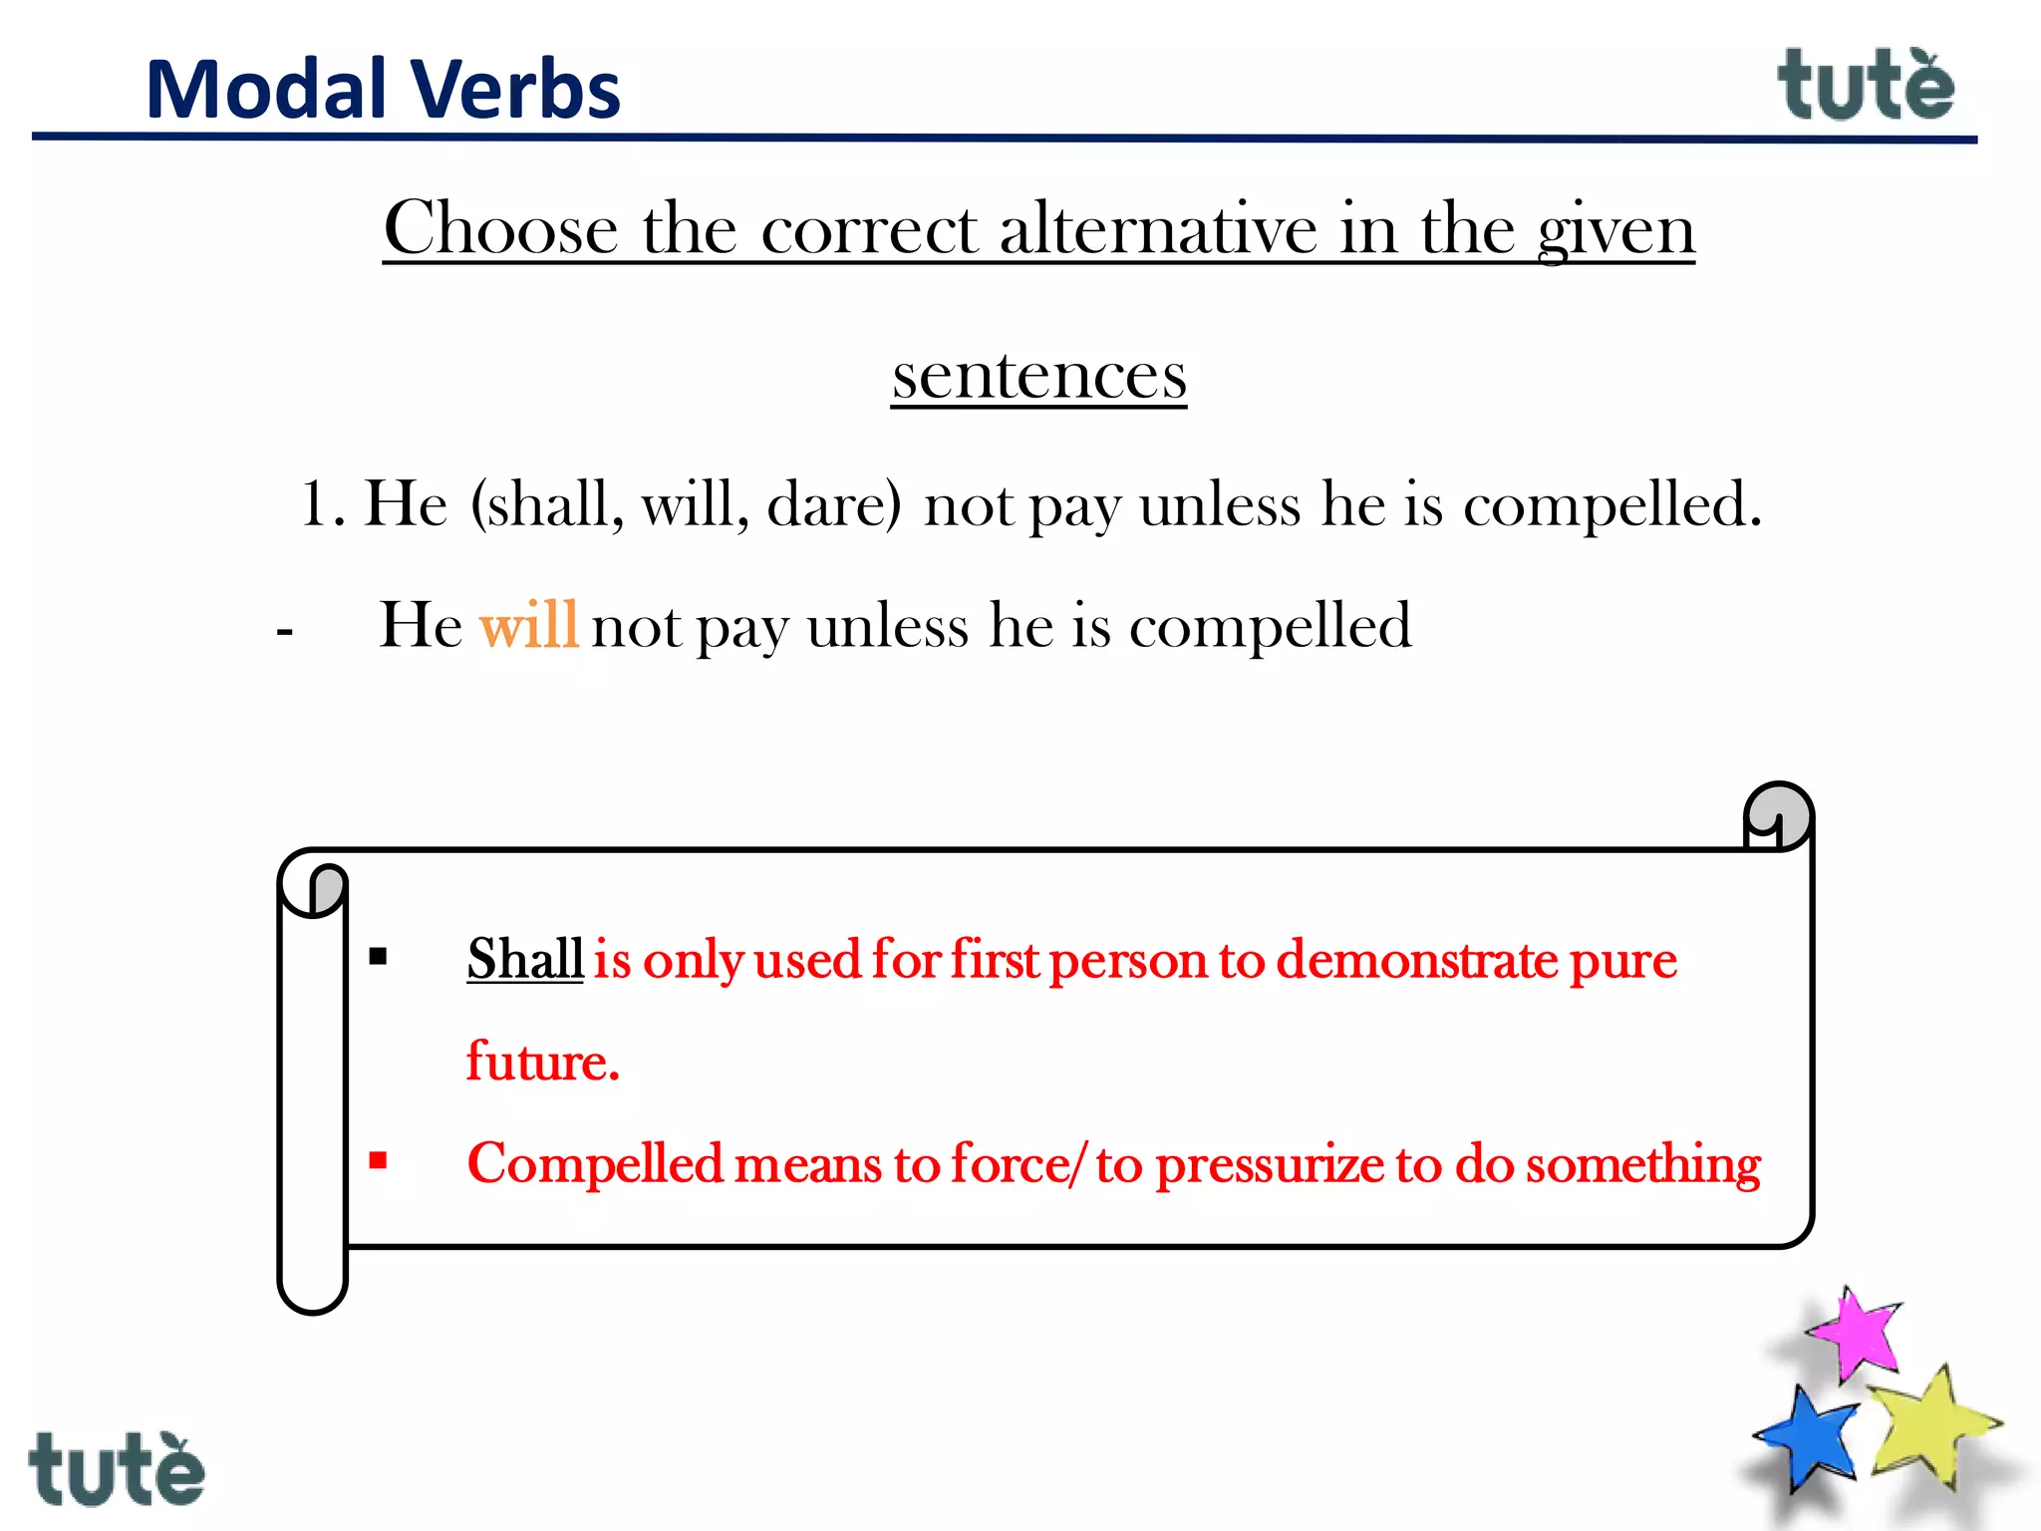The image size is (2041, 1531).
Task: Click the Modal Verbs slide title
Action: [x=383, y=90]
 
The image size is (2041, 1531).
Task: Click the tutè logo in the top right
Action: [x=1865, y=86]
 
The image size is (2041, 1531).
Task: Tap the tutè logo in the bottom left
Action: [x=117, y=1469]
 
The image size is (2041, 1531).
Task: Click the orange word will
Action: [x=528, y=626]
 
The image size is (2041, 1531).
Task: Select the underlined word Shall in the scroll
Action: [x=525, y=959]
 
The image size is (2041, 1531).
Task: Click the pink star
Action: [x=1857, y=1335]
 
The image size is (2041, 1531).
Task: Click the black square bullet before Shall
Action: [x=378, y=958]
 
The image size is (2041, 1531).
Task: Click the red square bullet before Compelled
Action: [x=378, y=1160]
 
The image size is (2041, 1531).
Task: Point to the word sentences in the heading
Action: [x=1039, y=377]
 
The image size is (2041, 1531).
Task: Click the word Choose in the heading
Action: [x=500, y=229]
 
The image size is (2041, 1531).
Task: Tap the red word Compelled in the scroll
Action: [x=595, y=1163]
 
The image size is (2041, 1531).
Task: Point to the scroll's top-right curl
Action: [x=1778, y=816]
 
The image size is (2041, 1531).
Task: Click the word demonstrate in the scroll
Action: [x=1417, y=959]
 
